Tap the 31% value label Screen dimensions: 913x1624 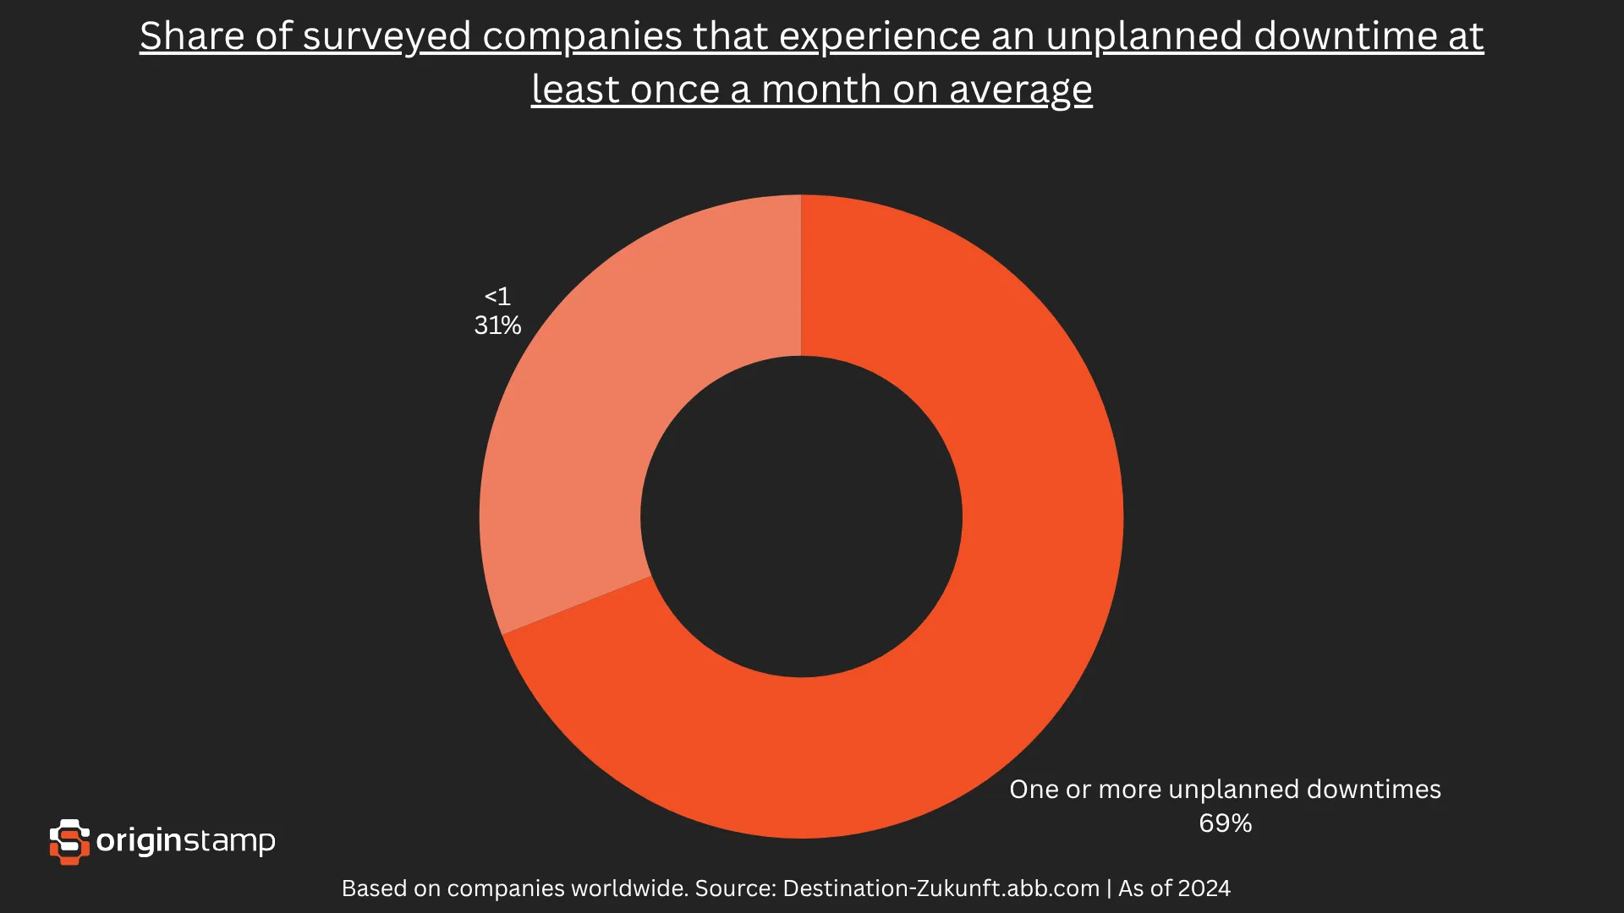[497, 325]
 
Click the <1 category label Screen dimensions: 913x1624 [497, 297]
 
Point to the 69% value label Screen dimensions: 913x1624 [1225, 823]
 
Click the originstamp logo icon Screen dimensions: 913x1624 [69, 841]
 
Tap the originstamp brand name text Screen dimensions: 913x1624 [186, 841]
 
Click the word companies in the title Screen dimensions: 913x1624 [582, 36]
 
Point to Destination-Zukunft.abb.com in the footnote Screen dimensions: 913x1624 [941, 888]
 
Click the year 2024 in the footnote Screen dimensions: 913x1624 [1204, 888]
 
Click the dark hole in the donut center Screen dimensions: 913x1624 [801, 517]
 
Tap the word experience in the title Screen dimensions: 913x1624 [879, 36]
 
